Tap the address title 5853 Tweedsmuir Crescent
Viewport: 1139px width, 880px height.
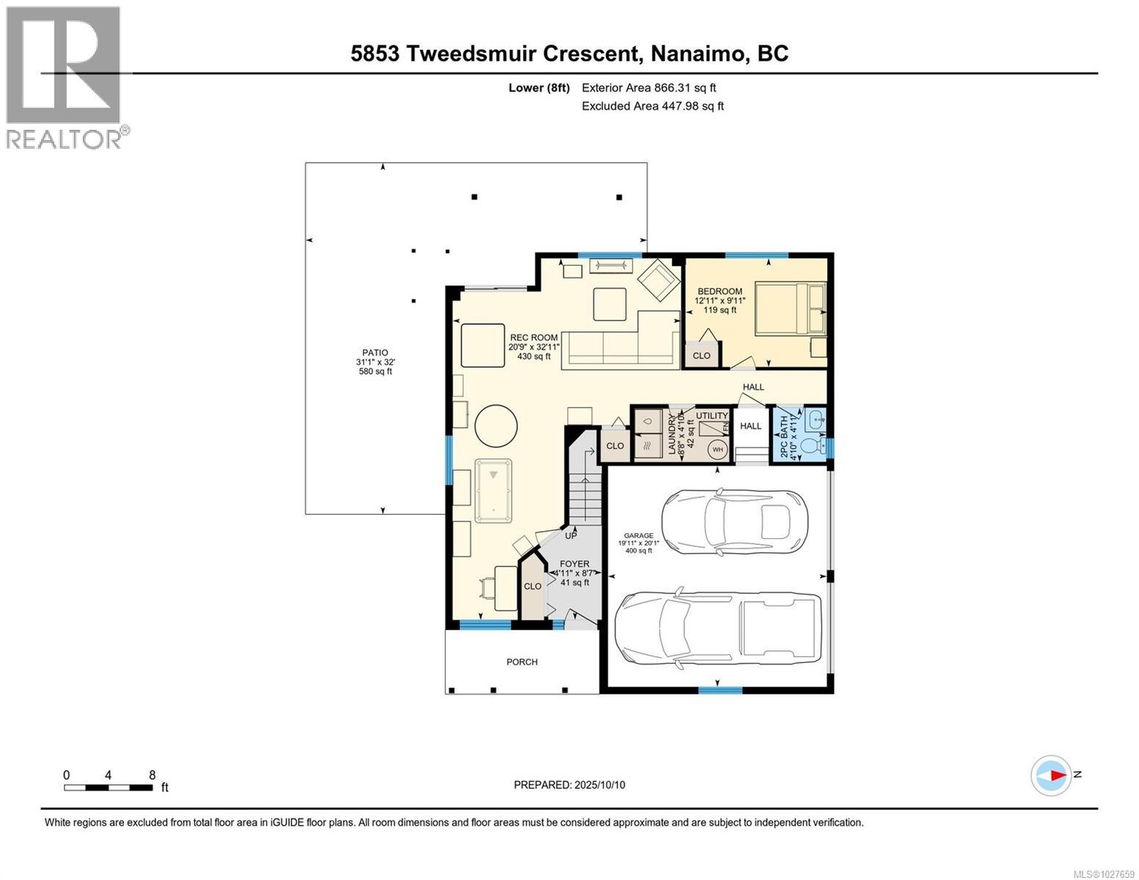point(569,54)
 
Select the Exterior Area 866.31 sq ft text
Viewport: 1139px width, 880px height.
point(648,88)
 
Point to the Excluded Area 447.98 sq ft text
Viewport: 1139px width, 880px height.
point(652,106)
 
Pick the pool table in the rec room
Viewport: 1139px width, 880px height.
point(493,491)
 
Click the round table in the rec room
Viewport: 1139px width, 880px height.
point(496,425)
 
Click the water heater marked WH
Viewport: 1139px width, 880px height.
point(717,450)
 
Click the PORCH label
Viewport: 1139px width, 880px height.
point(521,662)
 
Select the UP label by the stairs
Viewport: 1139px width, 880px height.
point(571,535)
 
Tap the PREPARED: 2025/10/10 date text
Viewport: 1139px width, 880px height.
point(569,785)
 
